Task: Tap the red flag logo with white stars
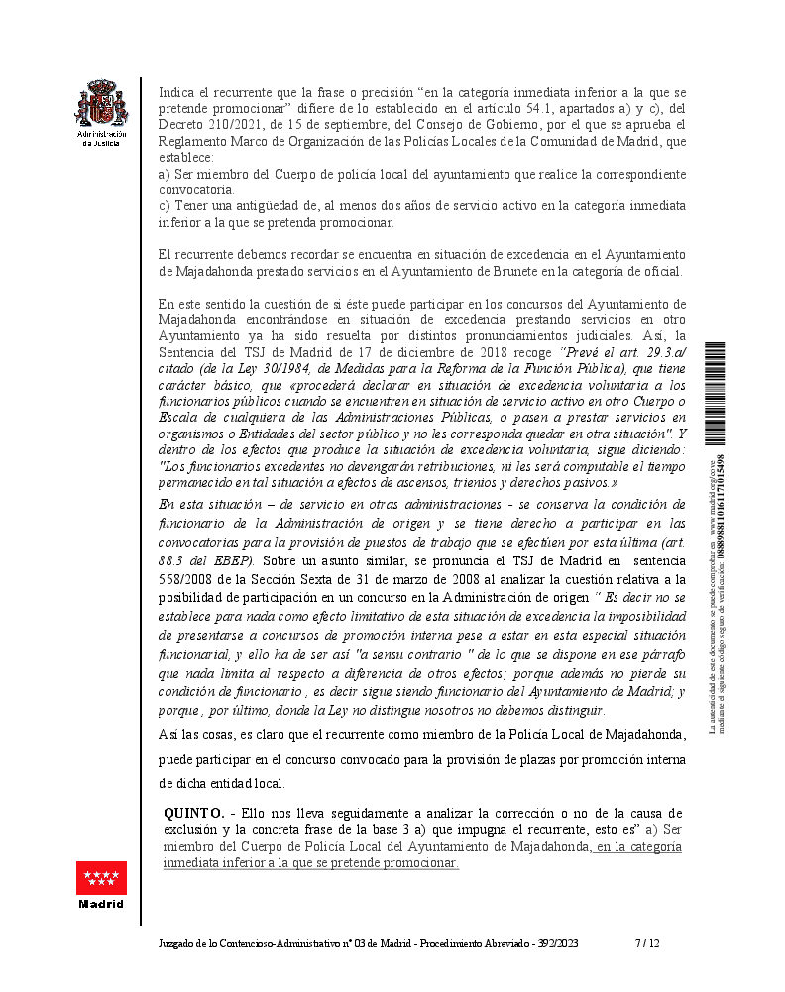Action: tap(102, 877)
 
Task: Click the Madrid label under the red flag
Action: tap(102, 904)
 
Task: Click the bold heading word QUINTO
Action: tap(193, 813)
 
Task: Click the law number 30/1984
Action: tap(285, 368)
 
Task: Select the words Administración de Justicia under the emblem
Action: tap(102, 137)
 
